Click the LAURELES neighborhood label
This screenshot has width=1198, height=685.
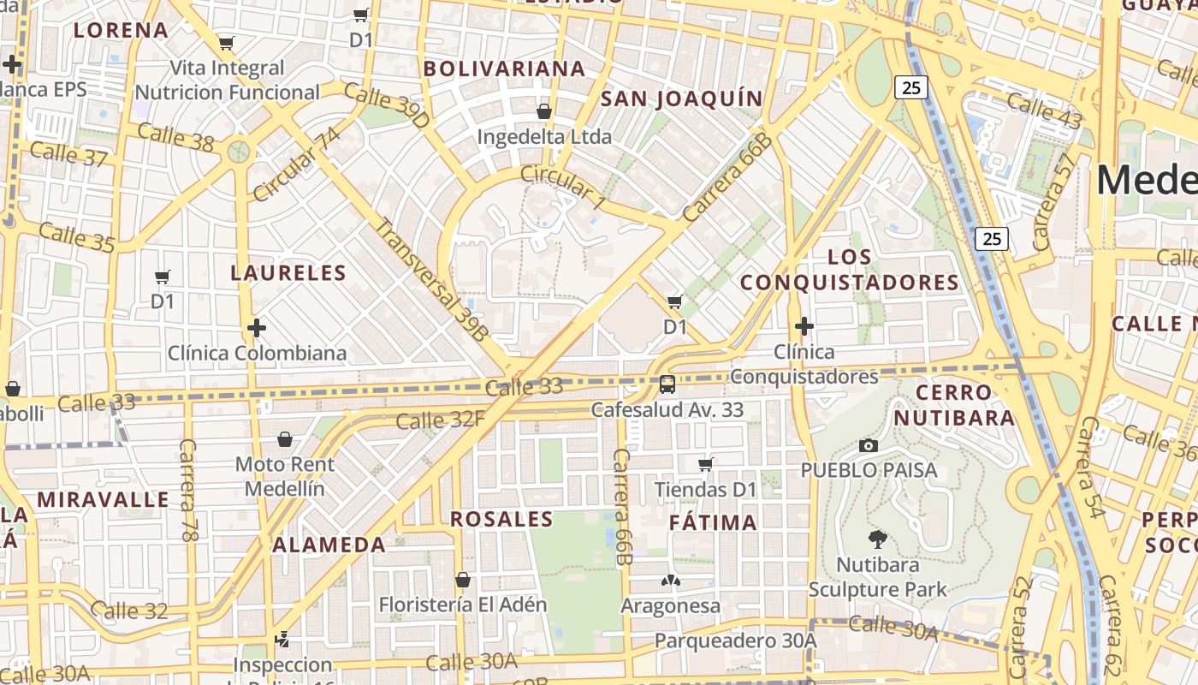pos(288,273)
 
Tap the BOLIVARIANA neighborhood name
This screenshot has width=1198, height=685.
pos(505,68)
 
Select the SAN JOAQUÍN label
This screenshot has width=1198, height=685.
pos(681,98)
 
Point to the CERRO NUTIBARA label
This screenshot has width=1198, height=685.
pos(965,405)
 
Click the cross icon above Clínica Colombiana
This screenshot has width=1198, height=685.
pos(256,328)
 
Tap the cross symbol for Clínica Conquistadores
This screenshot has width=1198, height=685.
pos(804,326)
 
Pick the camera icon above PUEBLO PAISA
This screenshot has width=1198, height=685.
pos(869,445)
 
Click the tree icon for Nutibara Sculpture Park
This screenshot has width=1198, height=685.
pos(877,539)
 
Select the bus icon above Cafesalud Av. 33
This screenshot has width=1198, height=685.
pos(667,384)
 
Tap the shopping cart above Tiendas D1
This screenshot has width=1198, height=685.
pos(706,464)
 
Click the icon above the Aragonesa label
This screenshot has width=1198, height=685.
pos(671,581)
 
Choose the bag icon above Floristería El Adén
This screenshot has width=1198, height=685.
pos(463,580)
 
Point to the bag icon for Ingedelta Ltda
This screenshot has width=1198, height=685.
pos(544,111)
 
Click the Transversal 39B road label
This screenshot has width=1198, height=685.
pos(432,278)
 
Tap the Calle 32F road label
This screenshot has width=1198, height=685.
pos(440,420)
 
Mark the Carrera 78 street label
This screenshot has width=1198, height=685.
pos(188,490)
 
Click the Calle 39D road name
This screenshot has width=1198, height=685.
pos(386,106)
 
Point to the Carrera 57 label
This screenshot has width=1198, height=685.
pos(1054,202)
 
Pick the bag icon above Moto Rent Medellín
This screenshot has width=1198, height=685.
pos(285,439)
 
